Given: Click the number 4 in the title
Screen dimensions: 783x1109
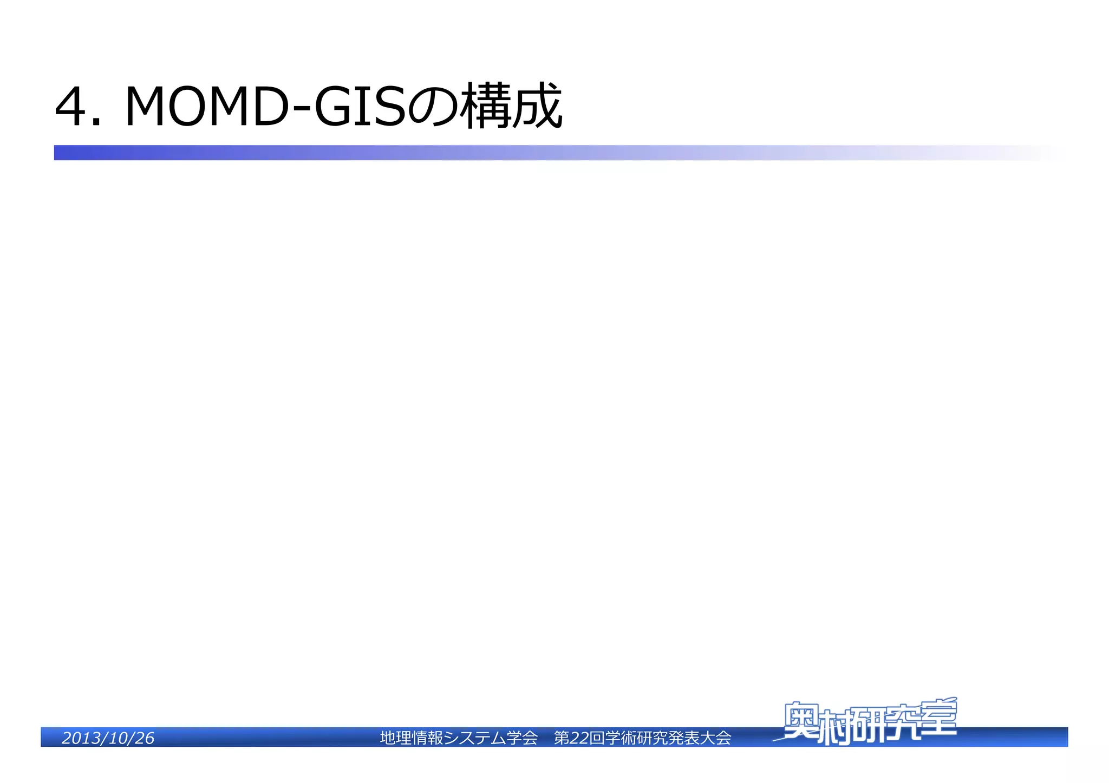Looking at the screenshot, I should pos(71,107).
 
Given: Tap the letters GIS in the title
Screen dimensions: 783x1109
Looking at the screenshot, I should pos(360,107).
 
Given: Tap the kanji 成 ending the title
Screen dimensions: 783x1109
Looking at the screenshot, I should pos(537,107).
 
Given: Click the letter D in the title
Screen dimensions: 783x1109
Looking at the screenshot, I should pos(269,107).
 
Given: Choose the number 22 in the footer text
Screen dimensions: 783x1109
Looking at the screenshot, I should pos(579,738).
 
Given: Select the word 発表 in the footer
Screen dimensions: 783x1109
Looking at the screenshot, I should pos(683,738).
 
